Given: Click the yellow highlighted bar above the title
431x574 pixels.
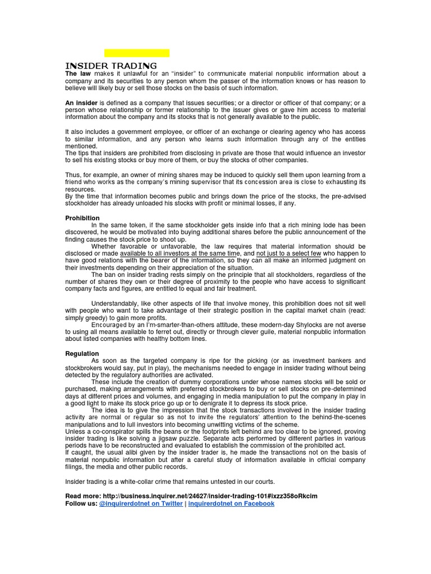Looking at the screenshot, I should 137,53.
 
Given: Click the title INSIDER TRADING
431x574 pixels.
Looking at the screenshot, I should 111,66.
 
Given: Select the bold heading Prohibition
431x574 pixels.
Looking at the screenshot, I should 82,218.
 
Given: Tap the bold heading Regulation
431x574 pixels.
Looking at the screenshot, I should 82,354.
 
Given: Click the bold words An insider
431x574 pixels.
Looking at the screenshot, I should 81,103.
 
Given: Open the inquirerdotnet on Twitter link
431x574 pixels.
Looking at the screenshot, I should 141,503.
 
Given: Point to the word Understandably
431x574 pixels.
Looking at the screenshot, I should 118,303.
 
